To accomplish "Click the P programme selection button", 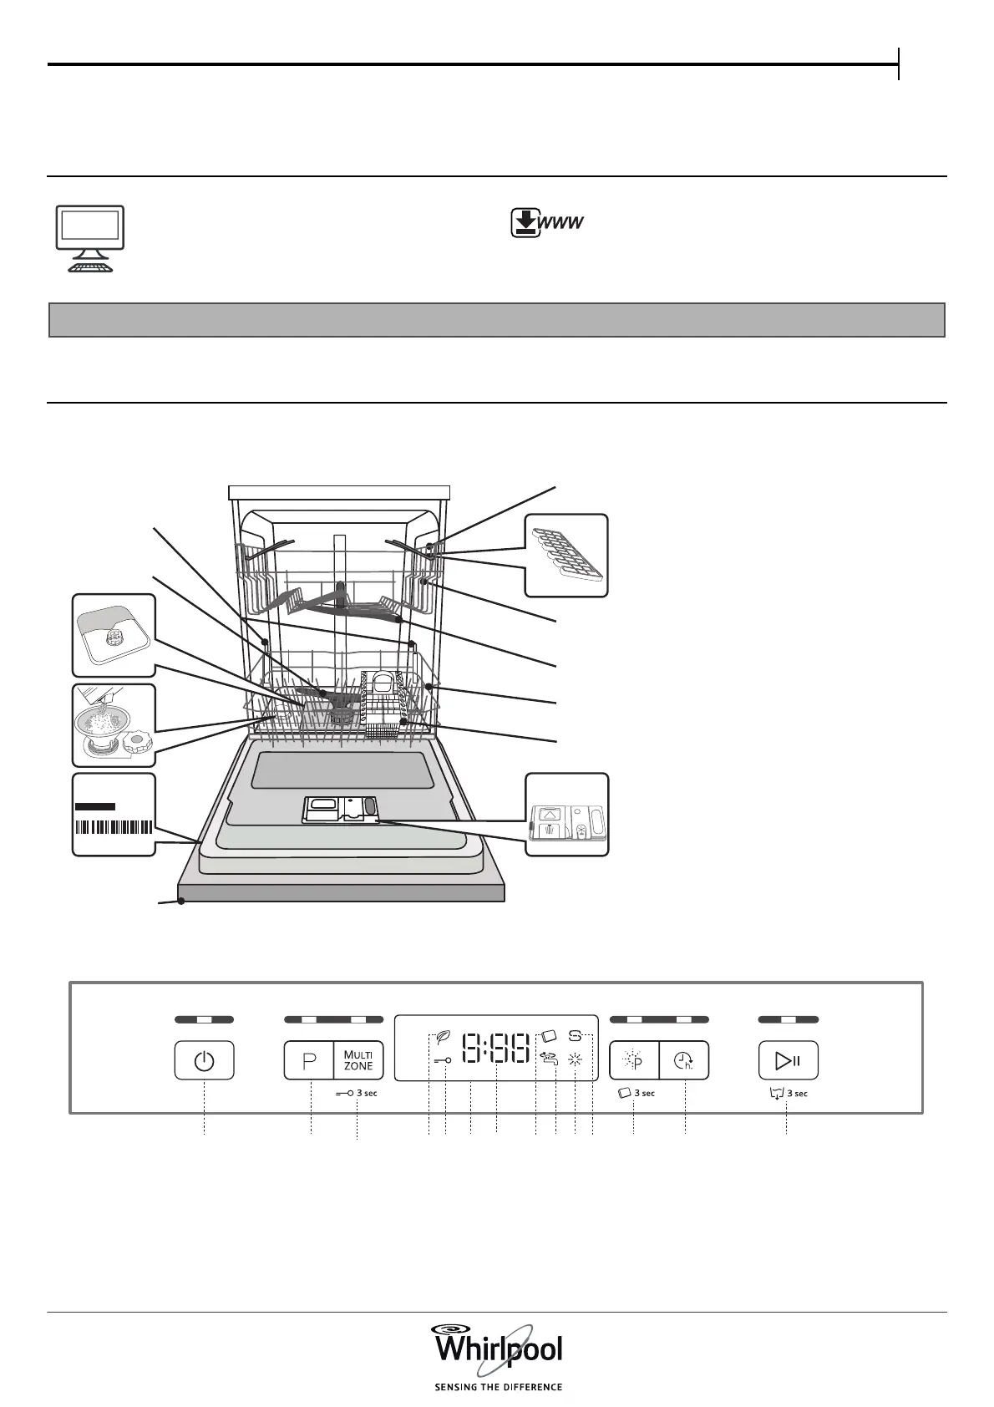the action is [x=309, y=1061].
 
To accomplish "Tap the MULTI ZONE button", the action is [x=358, y=1061].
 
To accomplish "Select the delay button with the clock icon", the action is [x=684, y=1061].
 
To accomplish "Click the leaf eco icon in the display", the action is [x=444, y=1040].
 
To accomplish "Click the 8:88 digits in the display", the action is [x=497, y=1049].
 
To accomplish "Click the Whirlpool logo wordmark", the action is [x=497, y=1349].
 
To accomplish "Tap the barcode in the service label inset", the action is [x=114, y=828].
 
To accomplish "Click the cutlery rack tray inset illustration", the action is [x=566, y=555].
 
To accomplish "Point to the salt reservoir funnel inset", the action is [x=114, y=724].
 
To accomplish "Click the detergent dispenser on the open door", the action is [x=340, y=808].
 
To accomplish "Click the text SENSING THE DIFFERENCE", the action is [x=498, y=1387].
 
